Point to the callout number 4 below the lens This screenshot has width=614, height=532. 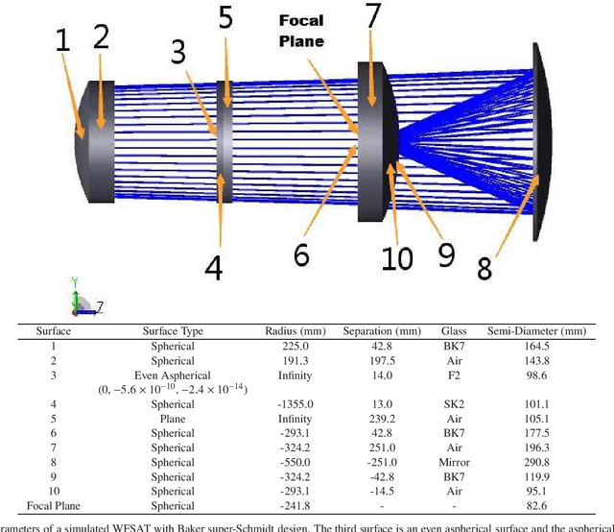[x=213, y=262]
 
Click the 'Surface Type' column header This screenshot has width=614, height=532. [x=173, y=331]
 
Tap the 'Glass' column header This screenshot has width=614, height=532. [x=454, y=331]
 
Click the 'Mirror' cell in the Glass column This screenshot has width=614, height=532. [x=454, y=462]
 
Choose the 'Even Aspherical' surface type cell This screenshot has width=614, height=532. [x=173, y=375]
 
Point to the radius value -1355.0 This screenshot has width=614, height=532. [x=284, y=404]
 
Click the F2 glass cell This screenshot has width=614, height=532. [x=454, y=375]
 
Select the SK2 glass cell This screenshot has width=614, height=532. [x=454, y=404]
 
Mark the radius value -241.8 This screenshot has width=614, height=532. [x=284, y=505]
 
